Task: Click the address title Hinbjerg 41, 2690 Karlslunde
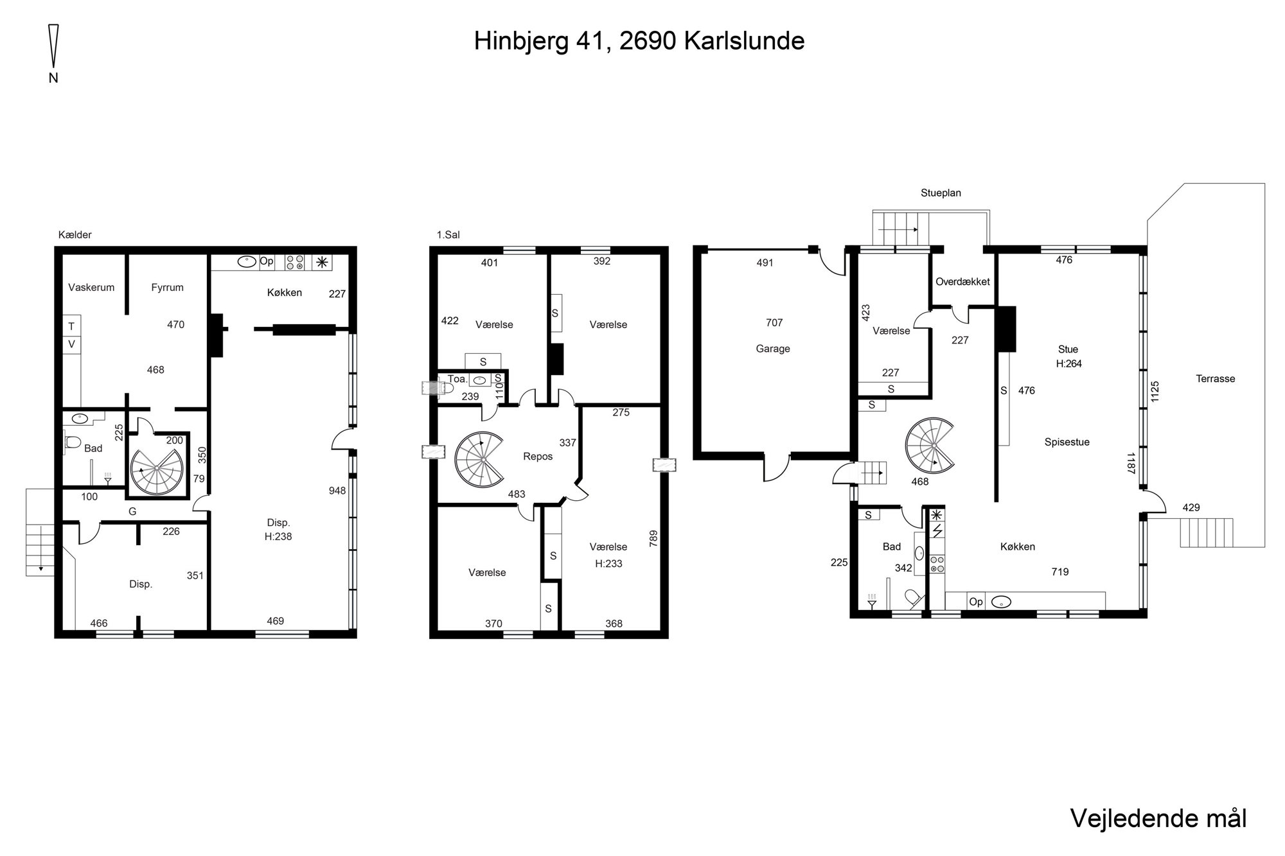[639, 41]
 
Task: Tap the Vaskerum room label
[91, 288]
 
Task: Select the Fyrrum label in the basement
[168, 288]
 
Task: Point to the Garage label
[773, 349]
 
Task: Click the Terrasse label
[1216, 379]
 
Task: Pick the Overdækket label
[962, 281]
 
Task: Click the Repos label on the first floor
[538, 457]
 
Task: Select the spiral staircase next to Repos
[479, 460]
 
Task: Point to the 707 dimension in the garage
[774, 322]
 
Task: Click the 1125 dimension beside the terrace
[1155, 392]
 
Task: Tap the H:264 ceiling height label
[1069, 363]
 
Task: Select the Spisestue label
[1067, 442]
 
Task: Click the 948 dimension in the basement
[337, 491]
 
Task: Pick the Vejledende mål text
[1158, 818]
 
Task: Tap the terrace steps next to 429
[1207, 532]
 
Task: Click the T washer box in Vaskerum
[71, 326]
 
